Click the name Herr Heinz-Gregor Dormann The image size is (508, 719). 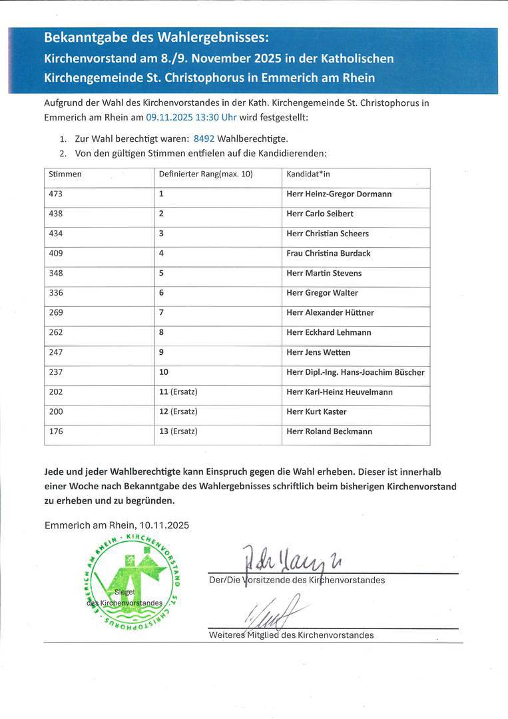pos(339,194)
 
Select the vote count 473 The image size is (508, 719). pos(56,194)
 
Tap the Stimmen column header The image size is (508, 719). pos(65,174)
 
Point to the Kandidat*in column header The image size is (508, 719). pos(308,174)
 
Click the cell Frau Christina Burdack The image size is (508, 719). pos(328,254)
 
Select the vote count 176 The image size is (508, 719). pos(56,431)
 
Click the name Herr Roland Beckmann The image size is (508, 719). pos(329,431)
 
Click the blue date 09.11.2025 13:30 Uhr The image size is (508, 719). pos(191,117)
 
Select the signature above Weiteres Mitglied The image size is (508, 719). pos(273,612)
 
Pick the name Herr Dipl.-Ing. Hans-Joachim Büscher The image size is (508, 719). pos(355,372)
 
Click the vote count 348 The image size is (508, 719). pos(56,274)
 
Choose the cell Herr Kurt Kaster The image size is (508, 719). pos(316,412)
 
